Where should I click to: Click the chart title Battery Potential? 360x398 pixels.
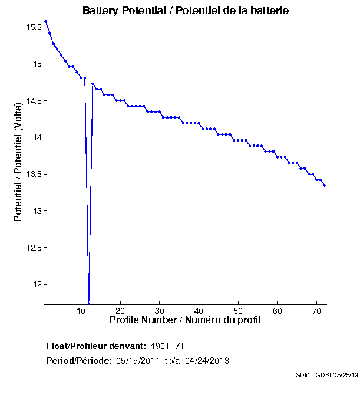point(186,11)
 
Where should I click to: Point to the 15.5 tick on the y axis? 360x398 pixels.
point(32,27)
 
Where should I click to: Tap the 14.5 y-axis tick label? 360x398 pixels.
point(32,101)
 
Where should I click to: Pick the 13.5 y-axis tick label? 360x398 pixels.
point(32,175)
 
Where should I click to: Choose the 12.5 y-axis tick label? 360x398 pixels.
point(32,248)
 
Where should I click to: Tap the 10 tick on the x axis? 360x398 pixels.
point(81,311)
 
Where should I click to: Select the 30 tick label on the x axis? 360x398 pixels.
point(159,311)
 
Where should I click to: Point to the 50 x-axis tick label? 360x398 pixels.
point(237,311)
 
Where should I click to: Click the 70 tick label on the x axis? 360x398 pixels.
point(316,311)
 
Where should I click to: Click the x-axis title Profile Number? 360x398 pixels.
point(185,320)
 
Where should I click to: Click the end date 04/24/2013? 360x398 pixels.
point(207,360)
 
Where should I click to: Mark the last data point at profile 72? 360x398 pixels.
point(325,185)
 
